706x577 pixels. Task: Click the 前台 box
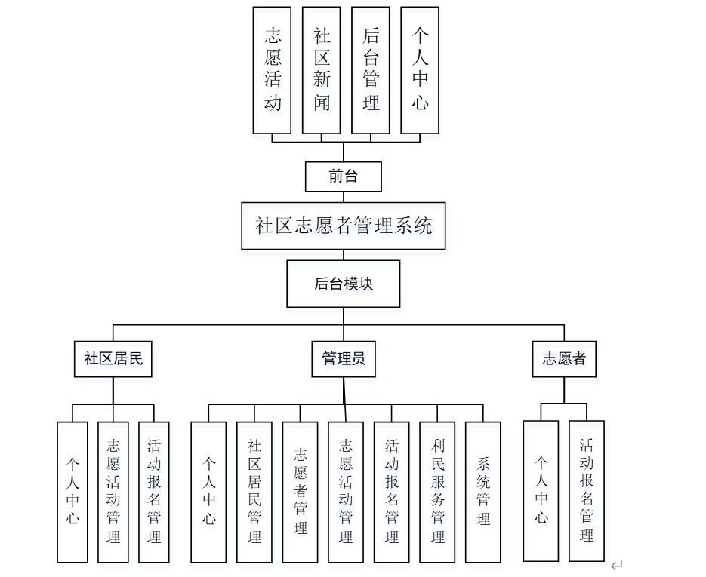343,176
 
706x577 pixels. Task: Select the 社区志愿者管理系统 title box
343,226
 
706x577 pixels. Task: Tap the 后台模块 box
343,284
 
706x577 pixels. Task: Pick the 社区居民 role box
113,359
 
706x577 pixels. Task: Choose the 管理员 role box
344,359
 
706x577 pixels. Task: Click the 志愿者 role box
563,359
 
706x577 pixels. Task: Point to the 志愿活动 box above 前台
273,70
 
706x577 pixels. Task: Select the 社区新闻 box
322,70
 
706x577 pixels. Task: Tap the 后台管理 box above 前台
371,70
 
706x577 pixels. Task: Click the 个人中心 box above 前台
420,70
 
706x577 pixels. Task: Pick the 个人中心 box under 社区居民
72,492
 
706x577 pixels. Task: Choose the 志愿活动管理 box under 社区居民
113,492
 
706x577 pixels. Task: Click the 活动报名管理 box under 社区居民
154,492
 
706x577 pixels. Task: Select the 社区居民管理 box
254,492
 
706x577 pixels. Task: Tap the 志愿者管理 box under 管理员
301,492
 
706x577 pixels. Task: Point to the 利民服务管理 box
438,492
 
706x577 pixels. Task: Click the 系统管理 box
483,492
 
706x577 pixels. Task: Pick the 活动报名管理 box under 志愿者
587,490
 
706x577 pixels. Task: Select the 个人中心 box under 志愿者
541,490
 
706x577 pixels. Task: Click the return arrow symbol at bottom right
617,564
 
